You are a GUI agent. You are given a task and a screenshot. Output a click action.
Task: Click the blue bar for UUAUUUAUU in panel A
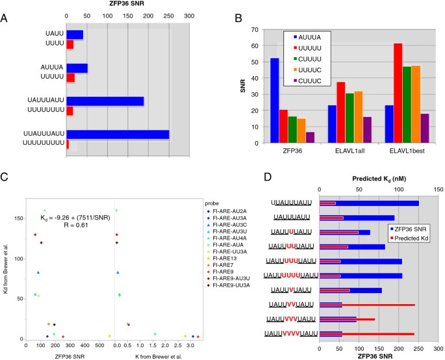coord(117,135)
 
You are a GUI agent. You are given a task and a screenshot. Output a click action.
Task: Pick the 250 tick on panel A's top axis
coord(169,16)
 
